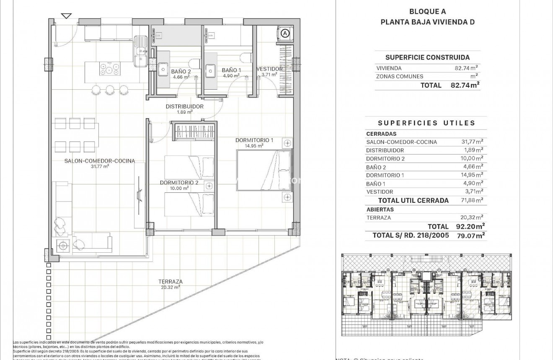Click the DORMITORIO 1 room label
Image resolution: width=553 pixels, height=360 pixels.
point(254,140)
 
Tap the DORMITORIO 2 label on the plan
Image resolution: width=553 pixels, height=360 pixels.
point(179,182)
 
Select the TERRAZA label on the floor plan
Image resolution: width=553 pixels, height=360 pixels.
point(171,282)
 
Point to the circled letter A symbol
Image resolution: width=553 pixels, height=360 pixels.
point(285,33)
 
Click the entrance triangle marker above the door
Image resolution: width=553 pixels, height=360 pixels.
point(66,16)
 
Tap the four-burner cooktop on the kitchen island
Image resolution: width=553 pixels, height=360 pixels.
point(109,68)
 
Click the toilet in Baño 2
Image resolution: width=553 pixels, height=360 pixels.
point(193,63)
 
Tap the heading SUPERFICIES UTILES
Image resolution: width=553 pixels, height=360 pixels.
point(426,123)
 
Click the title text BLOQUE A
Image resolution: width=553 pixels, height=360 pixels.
point(427,12)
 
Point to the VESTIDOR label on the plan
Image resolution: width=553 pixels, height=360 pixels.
point(269,69)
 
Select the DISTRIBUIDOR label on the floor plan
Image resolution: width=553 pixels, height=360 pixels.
point(184,106)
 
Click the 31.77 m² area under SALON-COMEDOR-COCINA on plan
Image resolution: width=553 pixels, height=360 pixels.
point(100,166)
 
